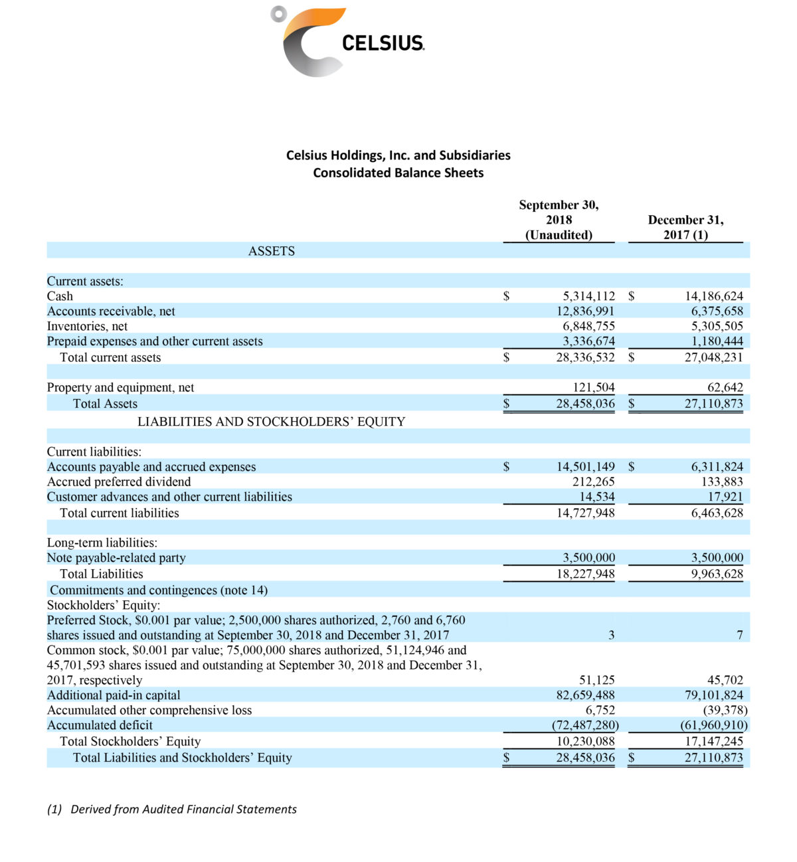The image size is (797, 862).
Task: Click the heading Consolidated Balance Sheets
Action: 398,173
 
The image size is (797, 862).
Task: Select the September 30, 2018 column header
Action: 559,220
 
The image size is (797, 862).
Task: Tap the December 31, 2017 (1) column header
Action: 685,227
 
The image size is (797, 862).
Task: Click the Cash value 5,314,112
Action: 585,296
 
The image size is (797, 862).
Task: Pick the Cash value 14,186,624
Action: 713,296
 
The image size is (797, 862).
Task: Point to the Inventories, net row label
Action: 87,326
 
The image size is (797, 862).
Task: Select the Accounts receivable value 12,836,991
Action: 585,311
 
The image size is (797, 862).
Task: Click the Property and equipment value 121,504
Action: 593,387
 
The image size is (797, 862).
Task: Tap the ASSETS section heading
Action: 271,251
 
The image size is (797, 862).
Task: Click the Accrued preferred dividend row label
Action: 119,481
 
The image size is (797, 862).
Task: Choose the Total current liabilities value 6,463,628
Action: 717,513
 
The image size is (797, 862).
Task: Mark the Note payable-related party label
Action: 116,558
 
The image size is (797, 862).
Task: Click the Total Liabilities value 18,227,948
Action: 585,574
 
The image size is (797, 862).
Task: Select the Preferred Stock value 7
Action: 739,636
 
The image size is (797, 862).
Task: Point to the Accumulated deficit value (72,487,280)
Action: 585,725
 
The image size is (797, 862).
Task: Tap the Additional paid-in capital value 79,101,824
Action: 713,695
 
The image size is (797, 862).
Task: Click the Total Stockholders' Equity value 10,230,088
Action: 585,741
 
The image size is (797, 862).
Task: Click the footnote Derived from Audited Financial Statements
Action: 183,809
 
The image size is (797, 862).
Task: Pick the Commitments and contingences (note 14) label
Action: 159,590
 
